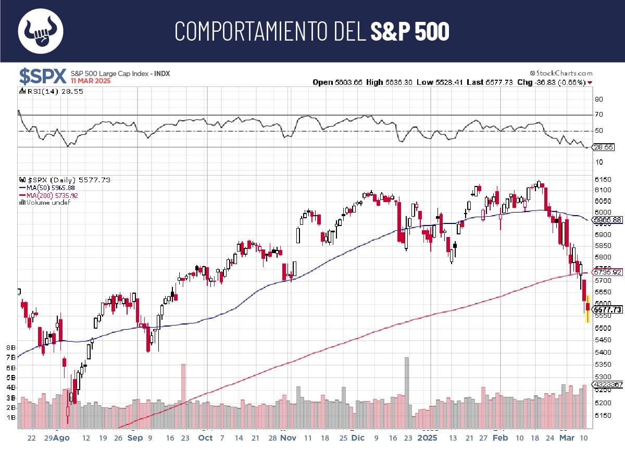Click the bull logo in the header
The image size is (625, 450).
tap(41, 31)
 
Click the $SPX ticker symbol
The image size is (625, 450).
tap(43, 76)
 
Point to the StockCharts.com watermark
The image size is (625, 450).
tap(561, 73)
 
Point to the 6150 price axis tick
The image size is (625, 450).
tap(603, 179)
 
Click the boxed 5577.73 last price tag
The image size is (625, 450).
tap(608, 309)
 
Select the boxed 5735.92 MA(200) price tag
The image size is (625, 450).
tap(608, 272)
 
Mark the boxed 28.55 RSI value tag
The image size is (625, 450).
tap(604, 147)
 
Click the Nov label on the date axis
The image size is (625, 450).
tap(287, 438)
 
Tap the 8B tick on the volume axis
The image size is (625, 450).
tap(10, 347)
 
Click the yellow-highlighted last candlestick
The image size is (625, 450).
tap(588, 308)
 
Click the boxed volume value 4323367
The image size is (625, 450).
tap(608, 384)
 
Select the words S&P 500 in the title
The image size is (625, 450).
tap(410, 32)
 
